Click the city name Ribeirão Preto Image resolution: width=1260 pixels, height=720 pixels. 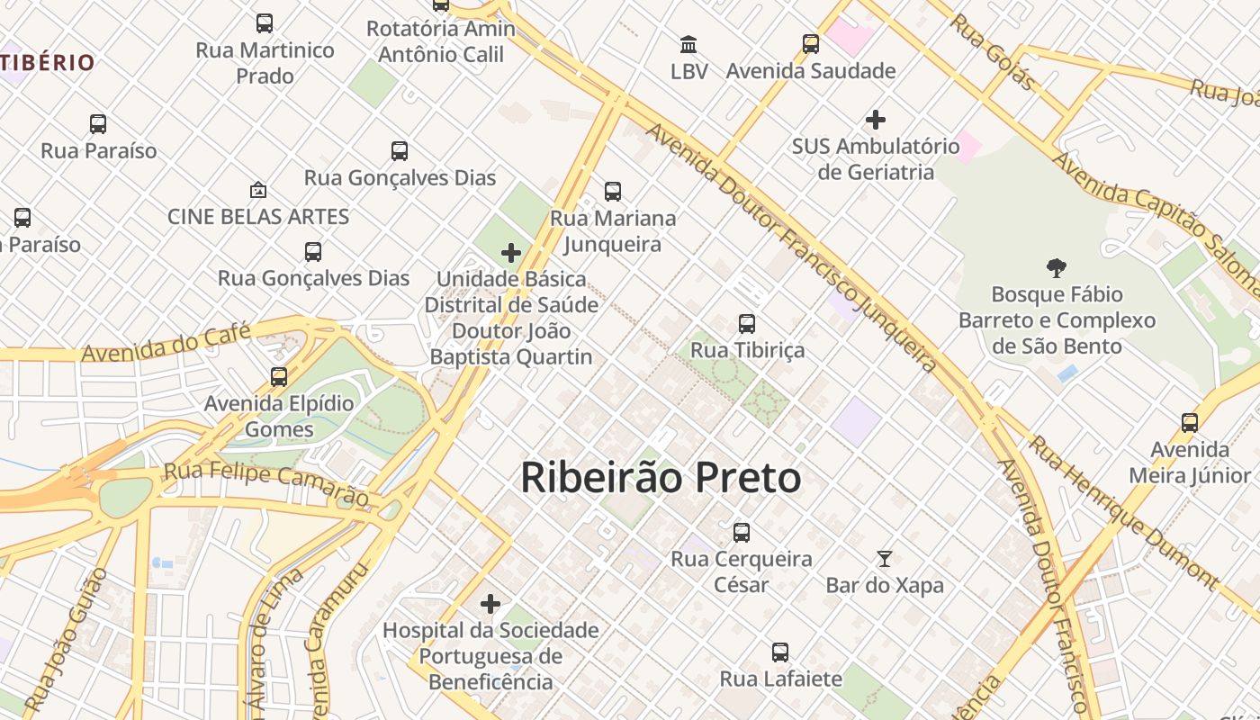[x=661, y=478]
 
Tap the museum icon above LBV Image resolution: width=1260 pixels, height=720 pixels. [x=688, y=44]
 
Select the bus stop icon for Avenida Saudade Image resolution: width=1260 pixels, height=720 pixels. [x=811, y=43]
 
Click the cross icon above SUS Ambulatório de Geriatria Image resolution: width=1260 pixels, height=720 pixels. [x=875, y=119]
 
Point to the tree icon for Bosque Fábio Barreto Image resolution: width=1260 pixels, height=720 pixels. [x=1057, y=267]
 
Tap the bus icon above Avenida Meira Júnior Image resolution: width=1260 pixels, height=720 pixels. [x=1190, y=422]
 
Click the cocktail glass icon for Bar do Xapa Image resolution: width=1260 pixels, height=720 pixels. [x=885, y=559]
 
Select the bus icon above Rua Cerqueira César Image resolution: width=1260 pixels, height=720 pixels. [x=742, y=532]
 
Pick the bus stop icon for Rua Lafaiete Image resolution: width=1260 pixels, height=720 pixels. [x=780, y=652]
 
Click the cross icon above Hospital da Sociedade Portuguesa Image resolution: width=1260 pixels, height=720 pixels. [x=490, y=603]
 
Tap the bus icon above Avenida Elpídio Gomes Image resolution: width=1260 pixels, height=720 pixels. [x=279, y=376]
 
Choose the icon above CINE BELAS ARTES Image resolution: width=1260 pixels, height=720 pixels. [x=258, y=190]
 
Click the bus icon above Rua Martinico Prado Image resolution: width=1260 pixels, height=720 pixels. [x=265, y=23]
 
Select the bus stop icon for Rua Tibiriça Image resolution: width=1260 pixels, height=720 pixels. [x=747, y=323]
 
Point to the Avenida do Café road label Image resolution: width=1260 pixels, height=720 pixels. [x=166, y=343]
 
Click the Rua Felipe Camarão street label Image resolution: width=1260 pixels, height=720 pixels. [x=266, y=484]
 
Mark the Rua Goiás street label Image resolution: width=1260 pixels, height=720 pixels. [x=993, y=51]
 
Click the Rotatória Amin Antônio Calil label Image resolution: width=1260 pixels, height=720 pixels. [x=441, y=41]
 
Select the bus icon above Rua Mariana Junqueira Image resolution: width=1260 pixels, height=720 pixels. [x=613, y=191]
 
